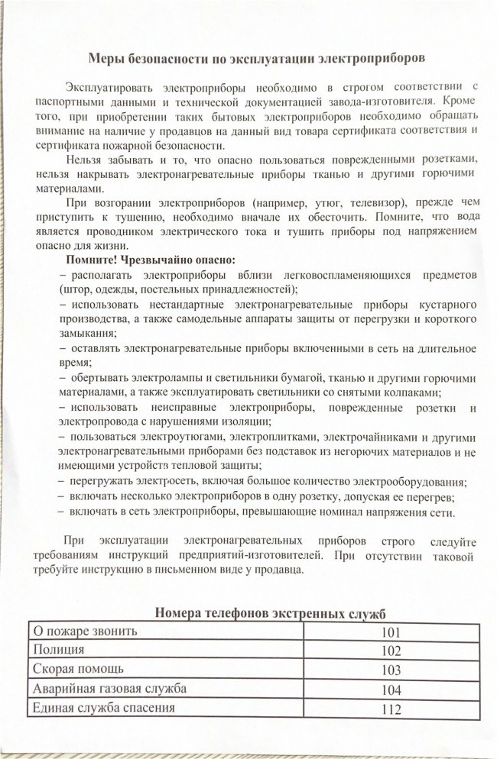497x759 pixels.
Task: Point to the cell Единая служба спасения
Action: (x=102, y=708)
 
